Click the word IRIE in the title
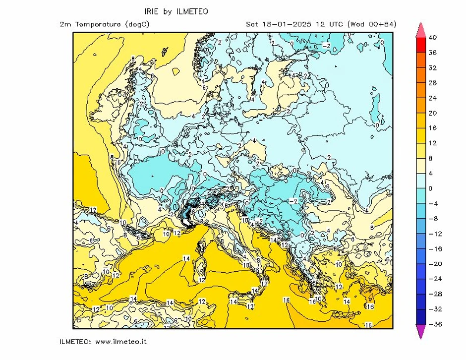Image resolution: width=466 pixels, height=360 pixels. point(152,11)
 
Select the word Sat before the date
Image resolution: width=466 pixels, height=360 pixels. point(252,24)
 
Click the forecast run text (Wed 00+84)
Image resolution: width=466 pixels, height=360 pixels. point(372,24)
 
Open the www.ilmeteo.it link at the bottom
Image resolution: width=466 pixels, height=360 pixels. point(120,342)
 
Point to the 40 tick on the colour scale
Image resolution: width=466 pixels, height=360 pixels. point(432,38)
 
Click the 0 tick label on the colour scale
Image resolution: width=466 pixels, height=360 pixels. point(430,188)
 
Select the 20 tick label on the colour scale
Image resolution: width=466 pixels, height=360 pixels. point(432,113)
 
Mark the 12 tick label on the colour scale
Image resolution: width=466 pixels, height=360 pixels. point(432,143)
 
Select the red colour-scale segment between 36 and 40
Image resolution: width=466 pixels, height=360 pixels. point(420,45)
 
